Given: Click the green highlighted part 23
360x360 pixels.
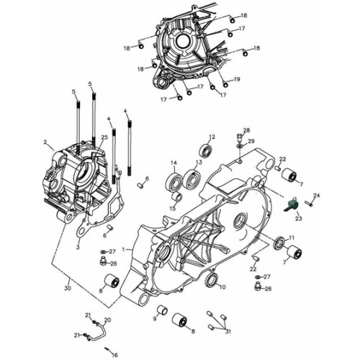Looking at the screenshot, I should [x=291, y=206].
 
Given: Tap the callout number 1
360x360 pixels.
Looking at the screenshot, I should [x=123, y=249].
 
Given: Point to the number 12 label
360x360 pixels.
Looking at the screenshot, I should [x=212, y=136].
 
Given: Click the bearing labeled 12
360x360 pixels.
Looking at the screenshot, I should [x=207, y=150].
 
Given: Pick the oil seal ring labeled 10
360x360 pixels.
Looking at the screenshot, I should [x=212, y=279].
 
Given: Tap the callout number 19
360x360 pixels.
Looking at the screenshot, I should [x=237, y=78].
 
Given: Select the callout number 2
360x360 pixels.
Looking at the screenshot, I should [x=45, y=143].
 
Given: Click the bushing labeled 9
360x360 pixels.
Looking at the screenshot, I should [x=163, y=310].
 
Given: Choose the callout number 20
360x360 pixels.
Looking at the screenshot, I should [x=108, y=319].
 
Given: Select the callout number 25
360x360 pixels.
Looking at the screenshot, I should [x=104, y=138].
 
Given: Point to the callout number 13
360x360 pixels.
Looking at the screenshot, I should [x=198, y=163].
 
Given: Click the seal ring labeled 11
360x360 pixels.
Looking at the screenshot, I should [x=279, y=246].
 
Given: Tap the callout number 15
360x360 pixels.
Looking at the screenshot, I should [x=173, y=208].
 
